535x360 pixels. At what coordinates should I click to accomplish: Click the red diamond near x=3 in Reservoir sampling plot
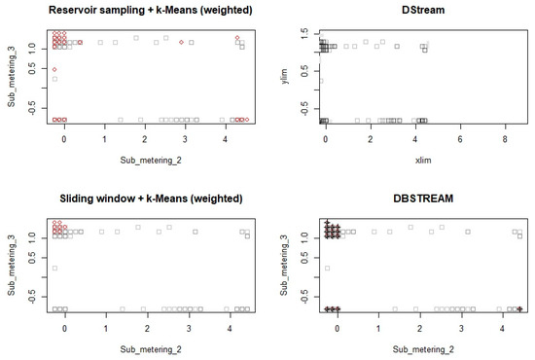182,42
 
